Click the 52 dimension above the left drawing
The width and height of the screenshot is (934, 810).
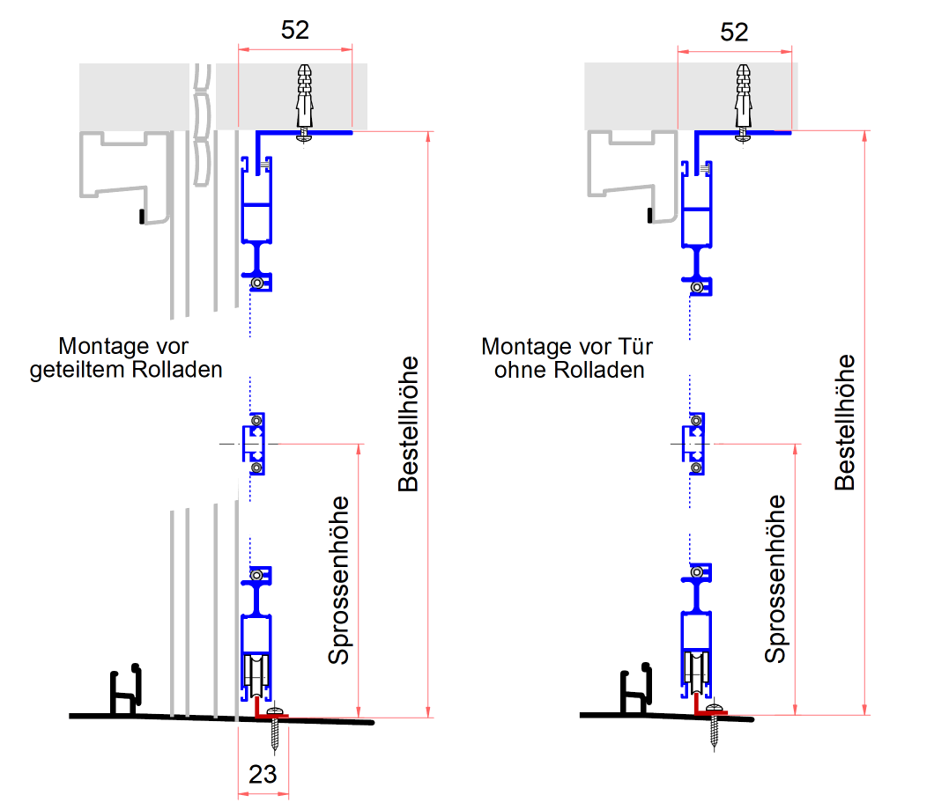295,30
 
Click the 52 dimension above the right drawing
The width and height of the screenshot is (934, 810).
734,31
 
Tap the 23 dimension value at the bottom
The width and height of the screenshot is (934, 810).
263,774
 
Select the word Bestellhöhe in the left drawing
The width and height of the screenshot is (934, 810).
408,423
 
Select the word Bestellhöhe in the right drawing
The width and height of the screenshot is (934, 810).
845,422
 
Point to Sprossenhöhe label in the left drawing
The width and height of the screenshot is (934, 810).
339,580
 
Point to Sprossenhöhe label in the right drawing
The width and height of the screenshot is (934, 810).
775,578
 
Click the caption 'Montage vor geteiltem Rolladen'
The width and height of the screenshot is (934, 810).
126,357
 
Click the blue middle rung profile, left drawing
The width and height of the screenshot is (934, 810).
255,444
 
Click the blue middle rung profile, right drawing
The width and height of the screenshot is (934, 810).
695,443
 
